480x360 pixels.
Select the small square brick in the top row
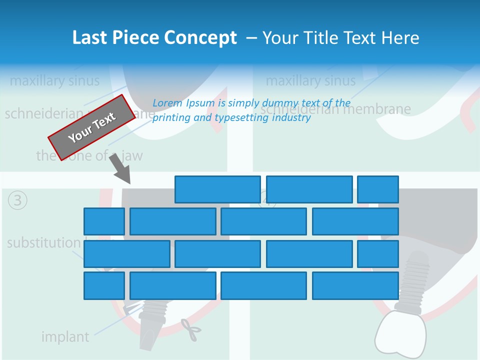coord(378,189)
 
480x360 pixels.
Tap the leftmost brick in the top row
coord(217,189)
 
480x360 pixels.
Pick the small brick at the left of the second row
coord(104,221)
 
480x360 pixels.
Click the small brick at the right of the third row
coord(378,254)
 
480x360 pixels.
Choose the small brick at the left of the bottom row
coord(104,286)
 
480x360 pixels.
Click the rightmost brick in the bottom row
coord(355,286)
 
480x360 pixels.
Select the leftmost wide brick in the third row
coord(127,254)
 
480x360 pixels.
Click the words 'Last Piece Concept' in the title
coord(154,38)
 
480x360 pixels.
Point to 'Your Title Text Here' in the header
coord(340,38)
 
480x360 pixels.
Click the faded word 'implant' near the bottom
coord(65,337)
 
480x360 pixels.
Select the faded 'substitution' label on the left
coord(43,243)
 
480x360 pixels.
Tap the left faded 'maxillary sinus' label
coord(54,80)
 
